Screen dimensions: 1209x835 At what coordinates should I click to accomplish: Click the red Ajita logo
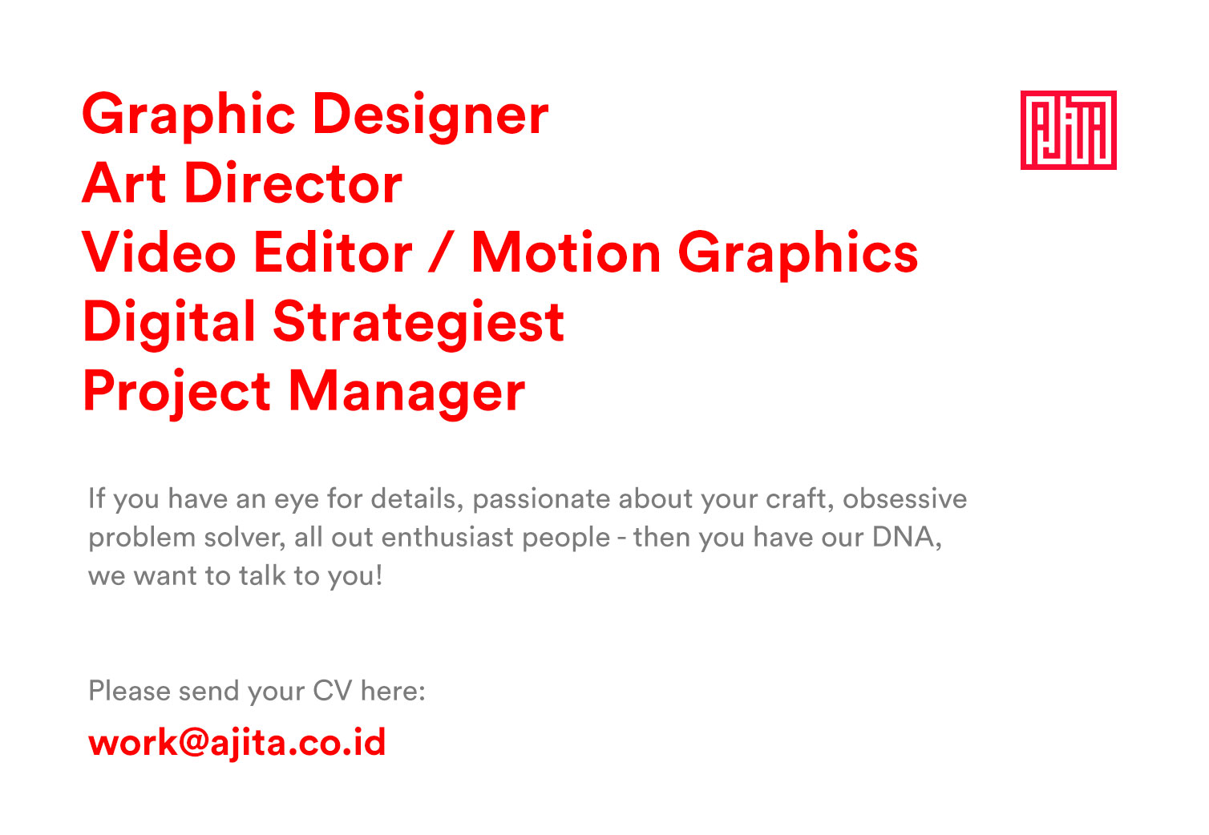click(x=1068, y=130)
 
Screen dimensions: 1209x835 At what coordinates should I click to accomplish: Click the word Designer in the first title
click(x=431, y=117)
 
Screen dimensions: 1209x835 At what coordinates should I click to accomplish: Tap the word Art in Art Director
click(x=124, y=184)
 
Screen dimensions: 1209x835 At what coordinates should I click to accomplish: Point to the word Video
click(x=159, y=252)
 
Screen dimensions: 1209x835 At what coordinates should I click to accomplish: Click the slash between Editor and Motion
click(x=441, y=252)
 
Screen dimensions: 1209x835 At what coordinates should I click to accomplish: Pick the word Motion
click(x=567, y=252)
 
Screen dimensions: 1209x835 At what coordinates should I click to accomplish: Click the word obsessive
click(x=904, y=498)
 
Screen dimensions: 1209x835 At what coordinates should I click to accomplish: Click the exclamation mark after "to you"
click(x=379, y=575)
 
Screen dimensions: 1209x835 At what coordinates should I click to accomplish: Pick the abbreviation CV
click(x=333, y=691)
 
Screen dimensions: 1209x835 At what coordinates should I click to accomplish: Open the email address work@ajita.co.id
click(x=237, y=744)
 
